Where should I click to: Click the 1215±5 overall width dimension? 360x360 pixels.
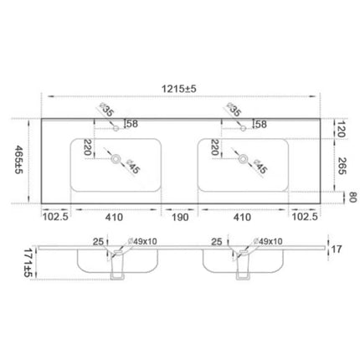[x=179, y=89]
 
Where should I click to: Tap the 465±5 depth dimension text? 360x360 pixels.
[x=19, y=160]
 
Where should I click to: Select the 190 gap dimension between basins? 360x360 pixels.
[x=180, y=217]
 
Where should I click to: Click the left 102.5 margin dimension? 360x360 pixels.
[x=55, y=217]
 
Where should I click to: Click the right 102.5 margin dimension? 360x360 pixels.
[x=305, y=217]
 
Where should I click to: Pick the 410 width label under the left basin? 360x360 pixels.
[x=114, y=217]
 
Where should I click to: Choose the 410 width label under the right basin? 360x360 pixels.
[x=242, y=217]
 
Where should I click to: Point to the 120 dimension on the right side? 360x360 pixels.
[x=341, y=129]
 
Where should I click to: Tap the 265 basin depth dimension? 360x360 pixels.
[x=342, y=166]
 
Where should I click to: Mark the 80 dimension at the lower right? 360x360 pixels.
[x=352, y=197]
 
